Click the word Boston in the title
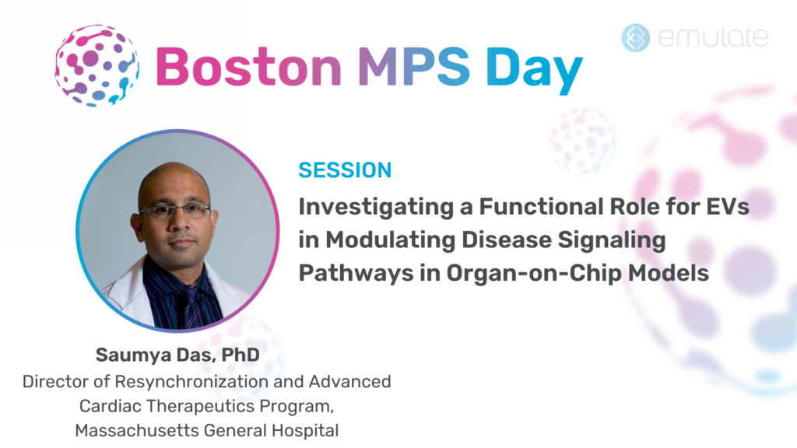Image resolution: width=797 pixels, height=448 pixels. [248, 67]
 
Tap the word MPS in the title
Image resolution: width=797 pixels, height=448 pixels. [414, 67]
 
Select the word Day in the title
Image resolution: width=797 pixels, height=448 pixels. [534, 70]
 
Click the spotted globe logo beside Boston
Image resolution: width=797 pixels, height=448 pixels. [97, 65]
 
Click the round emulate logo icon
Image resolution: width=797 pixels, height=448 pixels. [635, 37]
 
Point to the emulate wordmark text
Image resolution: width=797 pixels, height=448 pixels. [713, 37]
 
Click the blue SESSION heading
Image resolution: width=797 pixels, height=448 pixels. [345, 170]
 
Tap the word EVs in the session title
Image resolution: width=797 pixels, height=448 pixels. [728, 207]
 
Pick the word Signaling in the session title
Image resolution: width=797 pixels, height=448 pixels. [612, 241]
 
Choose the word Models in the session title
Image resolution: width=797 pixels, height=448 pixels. [669, 273]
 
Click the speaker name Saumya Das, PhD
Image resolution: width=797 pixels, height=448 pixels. [177, 355]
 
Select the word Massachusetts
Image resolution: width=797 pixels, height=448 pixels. [137, 430]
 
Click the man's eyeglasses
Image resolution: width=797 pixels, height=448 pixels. [175, 210]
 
